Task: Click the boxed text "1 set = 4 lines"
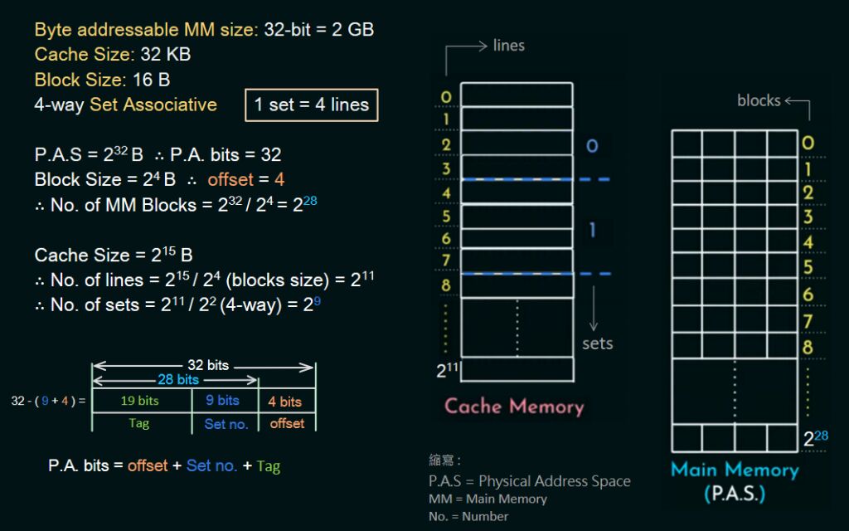[311, 105]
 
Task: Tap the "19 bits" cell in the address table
[140, 401]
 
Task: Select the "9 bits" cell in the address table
[223, 401]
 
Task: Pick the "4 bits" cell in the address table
[284, 402]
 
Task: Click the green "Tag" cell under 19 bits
[139, 423]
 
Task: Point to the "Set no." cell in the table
[226, 424]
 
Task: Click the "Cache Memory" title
[514, 407]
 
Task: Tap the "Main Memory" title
[735, 470]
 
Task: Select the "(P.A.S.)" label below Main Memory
[735, 494]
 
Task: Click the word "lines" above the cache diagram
[508, 46]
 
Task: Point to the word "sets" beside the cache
[597, 343]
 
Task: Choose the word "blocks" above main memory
[759, 100]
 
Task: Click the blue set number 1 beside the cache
[592, 229]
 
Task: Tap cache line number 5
[446, 217]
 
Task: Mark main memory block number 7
[808, 322]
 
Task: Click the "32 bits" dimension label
[208, 365]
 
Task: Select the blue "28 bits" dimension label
[178, 379]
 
